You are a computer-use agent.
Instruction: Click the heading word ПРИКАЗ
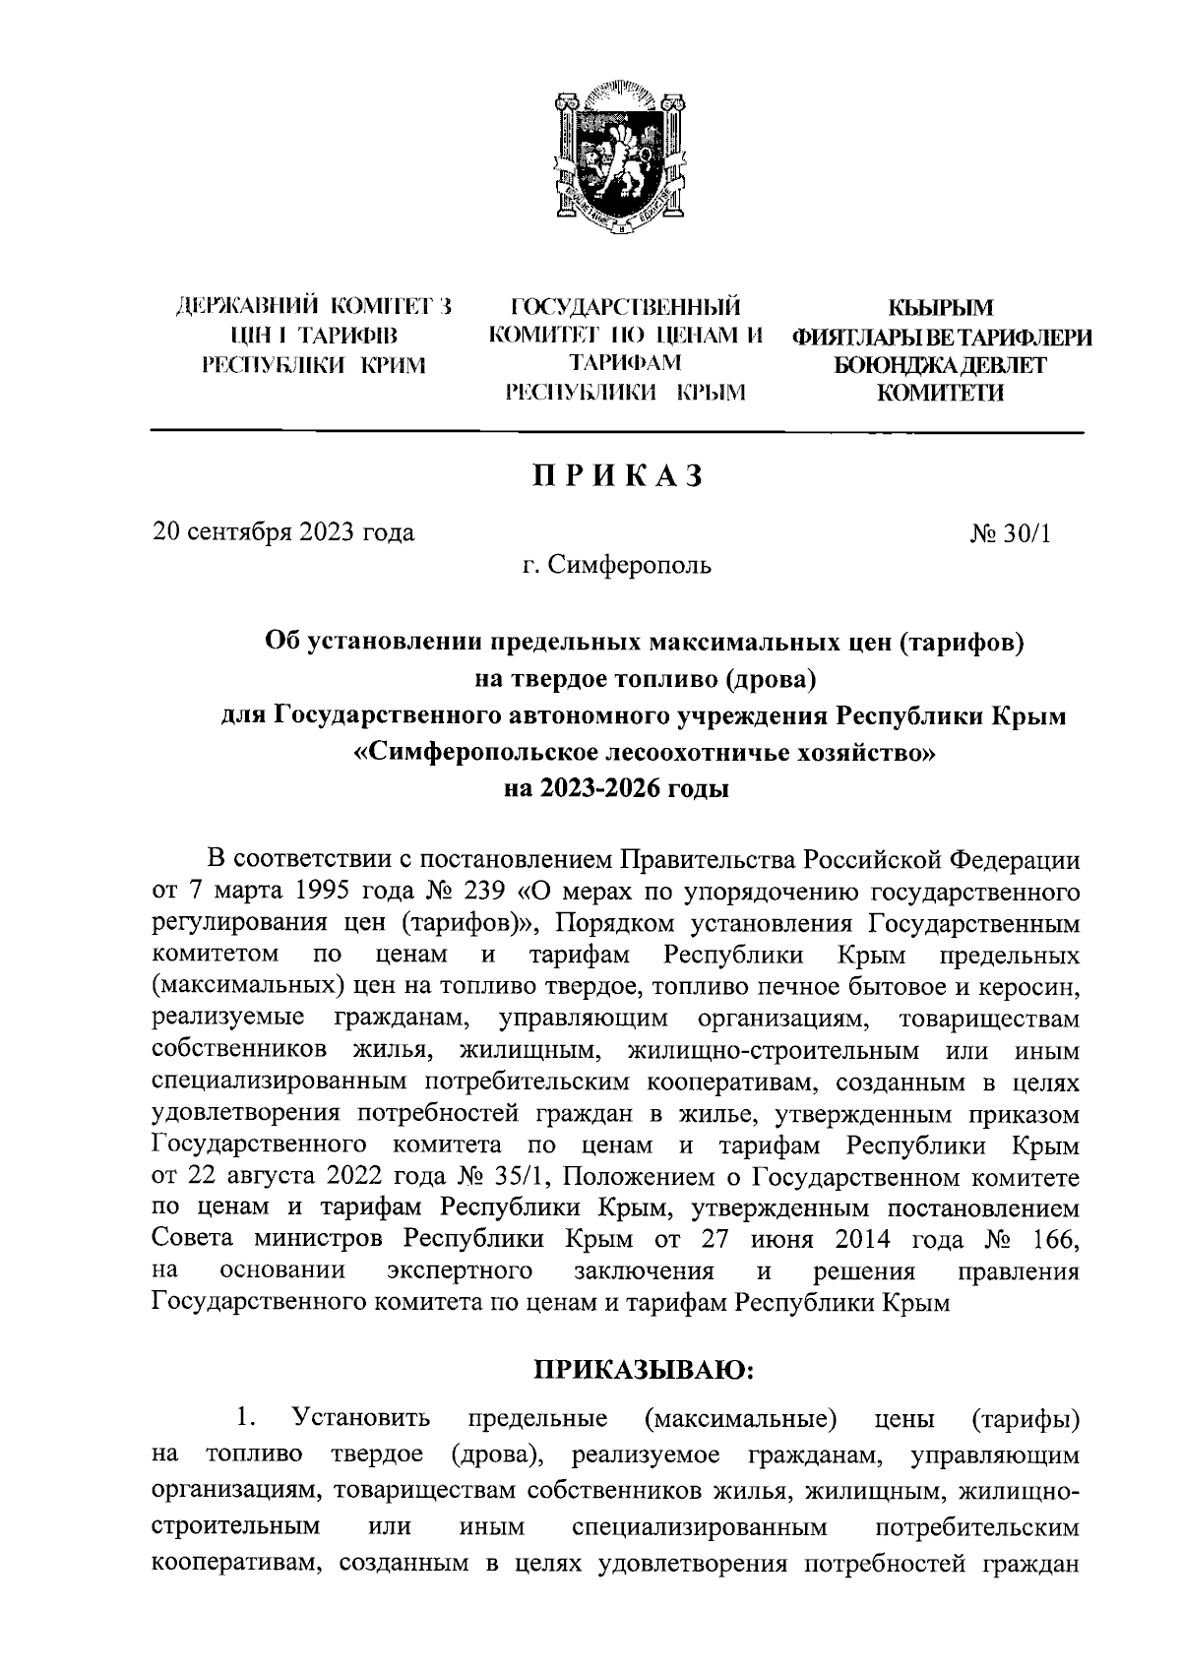coord(618,475)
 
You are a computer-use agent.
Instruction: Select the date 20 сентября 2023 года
coord(283,533)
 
